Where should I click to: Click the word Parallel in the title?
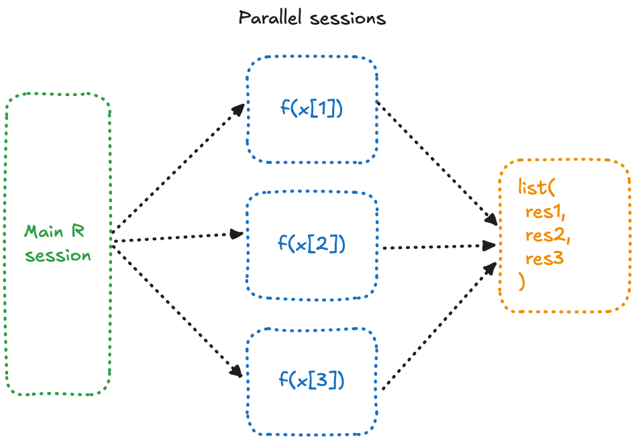point(270,18)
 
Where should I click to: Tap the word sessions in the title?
point(348,19)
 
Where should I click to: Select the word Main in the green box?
point(44,232)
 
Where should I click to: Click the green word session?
point(58,256)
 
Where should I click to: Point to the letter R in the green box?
point(78,231)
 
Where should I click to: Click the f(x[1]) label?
point(312,108)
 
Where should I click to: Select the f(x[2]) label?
point(311,244)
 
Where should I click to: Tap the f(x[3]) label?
point(311,380)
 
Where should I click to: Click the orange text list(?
point(537,187)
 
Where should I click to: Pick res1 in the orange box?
point(545,212)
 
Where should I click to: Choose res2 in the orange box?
point(547,236)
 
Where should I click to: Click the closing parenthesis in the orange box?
point(522,281)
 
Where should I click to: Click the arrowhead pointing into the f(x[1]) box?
point(238,109)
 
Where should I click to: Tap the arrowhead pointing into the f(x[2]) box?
point(237,234)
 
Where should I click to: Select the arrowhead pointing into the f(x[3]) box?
point(236,371)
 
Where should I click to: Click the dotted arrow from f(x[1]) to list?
point(437,163)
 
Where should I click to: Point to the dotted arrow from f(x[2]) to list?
point(439,246)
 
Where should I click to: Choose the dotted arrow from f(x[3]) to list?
point(439,326)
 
